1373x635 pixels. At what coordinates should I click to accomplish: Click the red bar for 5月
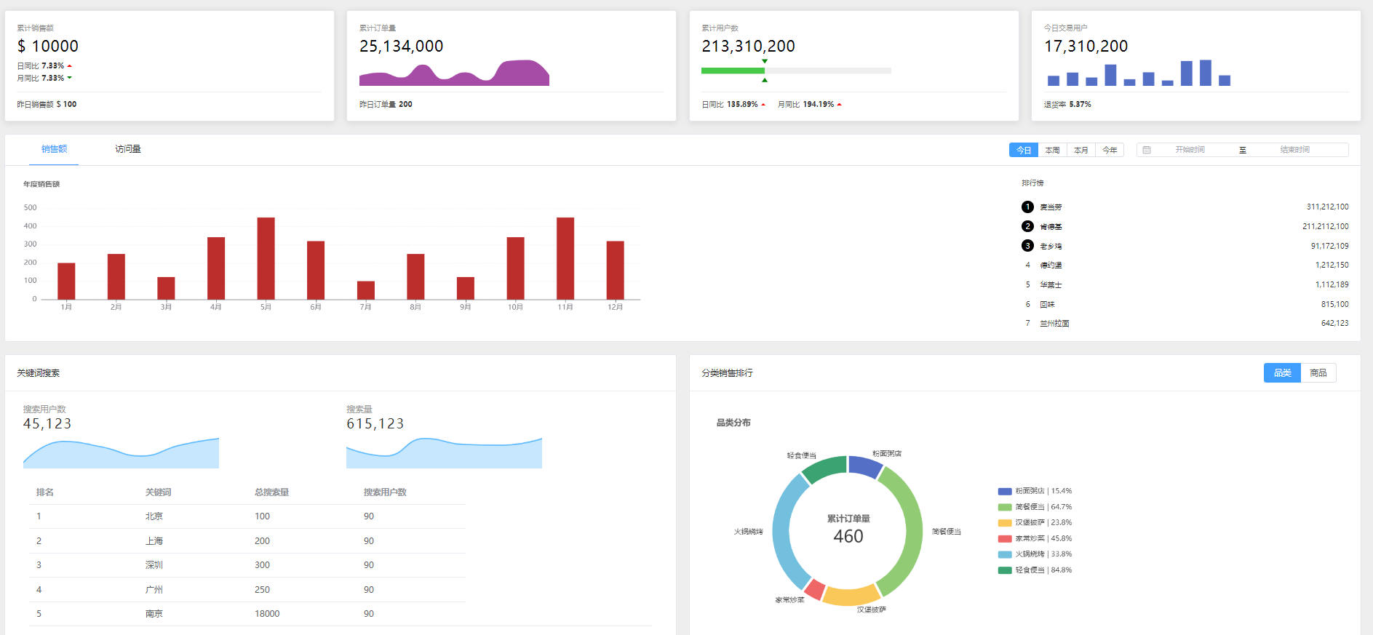pyautogui.click(x=266, y=258)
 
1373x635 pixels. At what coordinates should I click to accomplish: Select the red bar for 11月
pyautogui.click(x=565, y=258)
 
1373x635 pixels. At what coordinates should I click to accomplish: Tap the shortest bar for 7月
pyautogui.click(x=365, y=290)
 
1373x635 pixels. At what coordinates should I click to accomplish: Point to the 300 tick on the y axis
pyautogui.click(x=30, y=244)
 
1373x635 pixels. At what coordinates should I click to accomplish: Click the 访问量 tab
pyautogui.click(x=128, y=149)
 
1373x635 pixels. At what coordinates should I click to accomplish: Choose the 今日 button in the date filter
pyautogui.click(x=1023, y=150)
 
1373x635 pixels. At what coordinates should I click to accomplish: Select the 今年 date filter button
pyautogui.click(x=1110, y=150)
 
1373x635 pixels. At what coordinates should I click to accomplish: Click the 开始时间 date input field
pyautogui.click(x=1190, y=150)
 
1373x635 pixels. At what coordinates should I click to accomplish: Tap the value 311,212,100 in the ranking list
pyautogui.click(x=1327, y=207)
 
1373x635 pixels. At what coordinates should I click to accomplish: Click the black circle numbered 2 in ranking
pyautogui.click(x=1027, y=226)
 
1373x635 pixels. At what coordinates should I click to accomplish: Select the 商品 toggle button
pyautogui.click(x=1318, y=373)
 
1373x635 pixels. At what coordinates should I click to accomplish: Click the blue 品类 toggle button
pyautogui.click(x=1282, y=373)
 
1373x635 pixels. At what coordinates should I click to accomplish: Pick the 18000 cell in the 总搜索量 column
pyautogui.click(x=267, y=614)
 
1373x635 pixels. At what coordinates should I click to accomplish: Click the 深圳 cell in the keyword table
pyautogui.click(x=154, y=565)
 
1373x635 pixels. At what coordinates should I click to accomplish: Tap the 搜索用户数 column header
pyautogui.click(x=385, y=492)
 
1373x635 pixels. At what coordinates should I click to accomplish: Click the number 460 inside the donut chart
pyautogui.click(x=848, y=537)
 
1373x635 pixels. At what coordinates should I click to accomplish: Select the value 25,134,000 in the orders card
pyautogui.click(x=401, y=47)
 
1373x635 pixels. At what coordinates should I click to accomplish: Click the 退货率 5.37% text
pyautogui.click(x=1067, y=105)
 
